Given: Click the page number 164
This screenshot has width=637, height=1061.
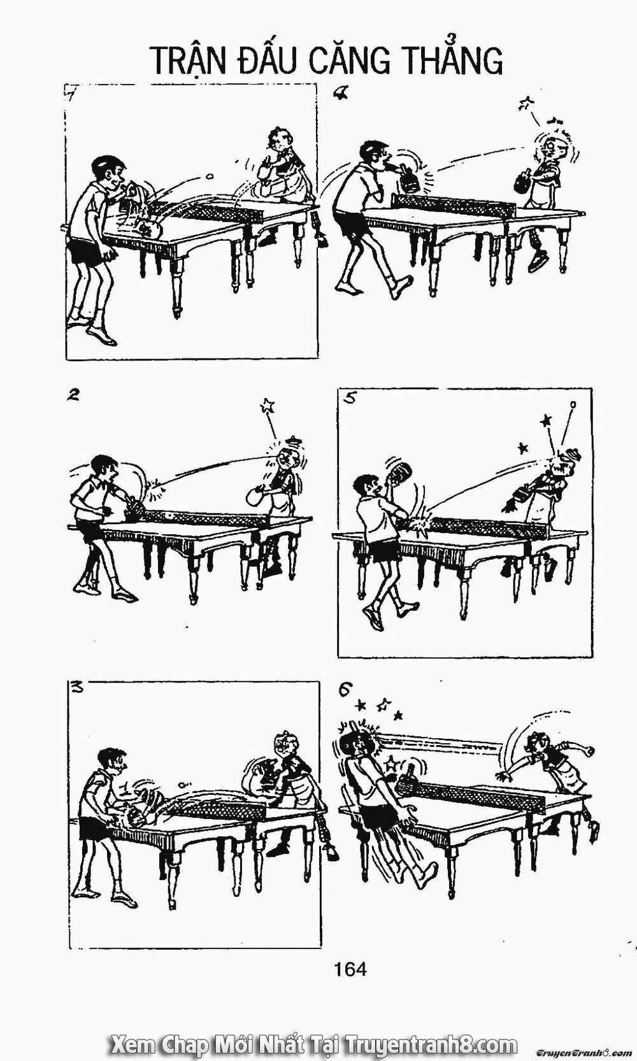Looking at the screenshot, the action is tap(350, 969).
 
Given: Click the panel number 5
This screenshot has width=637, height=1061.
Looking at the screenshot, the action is tap(350, 398).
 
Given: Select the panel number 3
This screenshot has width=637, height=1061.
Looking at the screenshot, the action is tap(77, 687).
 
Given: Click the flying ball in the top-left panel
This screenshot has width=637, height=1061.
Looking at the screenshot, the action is tap(208, 176).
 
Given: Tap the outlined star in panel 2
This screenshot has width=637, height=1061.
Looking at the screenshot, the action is tap(268, 406).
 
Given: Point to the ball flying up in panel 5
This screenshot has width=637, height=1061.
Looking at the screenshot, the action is tap(573, 404).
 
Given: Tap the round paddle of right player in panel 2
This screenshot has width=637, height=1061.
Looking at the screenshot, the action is tap(256, 497).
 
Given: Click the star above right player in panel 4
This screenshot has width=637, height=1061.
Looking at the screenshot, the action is tap(526, 103).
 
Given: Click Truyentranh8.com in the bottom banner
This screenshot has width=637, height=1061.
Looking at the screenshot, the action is tap(431, 1043).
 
